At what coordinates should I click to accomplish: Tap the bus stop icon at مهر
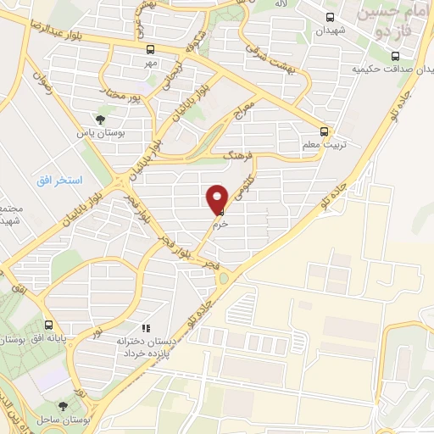click(x=150, y=49)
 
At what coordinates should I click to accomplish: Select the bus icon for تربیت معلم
click(x=325, y=131)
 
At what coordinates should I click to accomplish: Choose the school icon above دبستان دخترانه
click(x=146, y=326)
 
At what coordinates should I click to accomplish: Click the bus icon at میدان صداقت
click(x=395, y=56)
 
